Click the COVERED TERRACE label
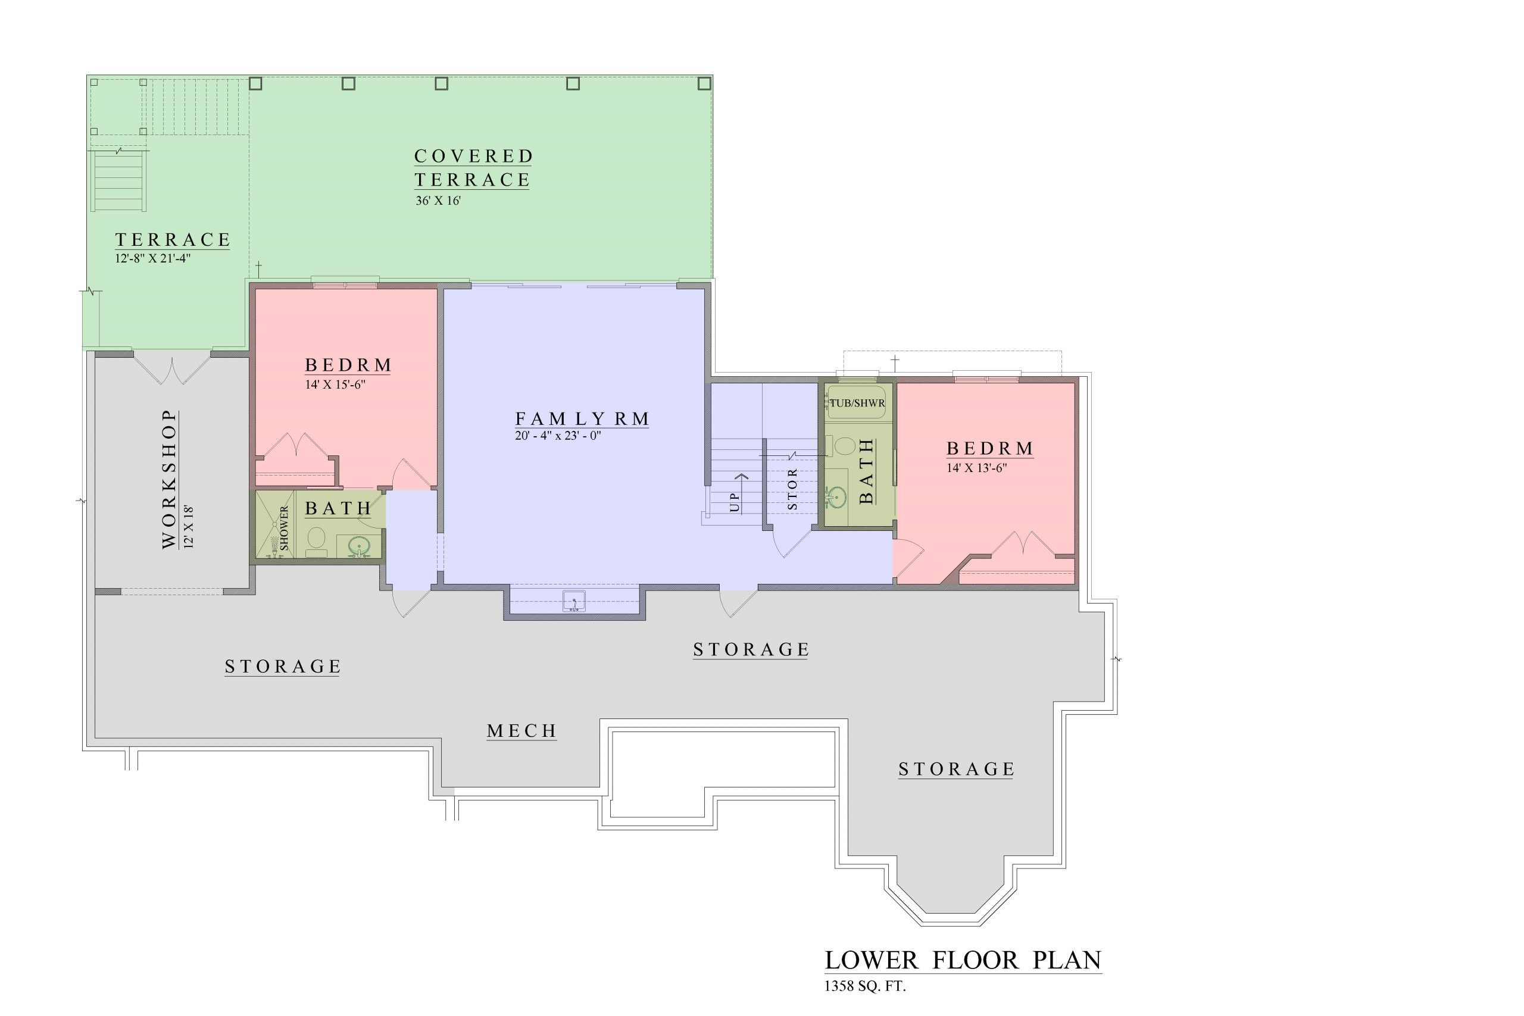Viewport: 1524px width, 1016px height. click(x=473, y=168)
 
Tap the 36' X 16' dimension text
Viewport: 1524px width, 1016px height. click(x=438, y=201)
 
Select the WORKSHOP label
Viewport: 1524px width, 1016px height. click(x=169, y=480)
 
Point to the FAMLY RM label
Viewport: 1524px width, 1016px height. click(x=582, y=418)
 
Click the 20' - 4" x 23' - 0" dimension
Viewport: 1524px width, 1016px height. click(x=558, y=436)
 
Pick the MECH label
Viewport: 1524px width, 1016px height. click(x=521, y=731)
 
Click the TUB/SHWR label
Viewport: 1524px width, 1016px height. click(x=857, y=403)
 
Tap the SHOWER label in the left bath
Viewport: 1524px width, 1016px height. click(x=284, y=528)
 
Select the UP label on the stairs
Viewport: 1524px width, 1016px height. click(x=734, y=502)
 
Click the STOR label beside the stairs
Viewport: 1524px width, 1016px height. click(x=792, y=490)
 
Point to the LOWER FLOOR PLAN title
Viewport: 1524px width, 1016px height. click(x=963, y=960)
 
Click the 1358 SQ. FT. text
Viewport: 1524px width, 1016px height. click(x=865, y=987)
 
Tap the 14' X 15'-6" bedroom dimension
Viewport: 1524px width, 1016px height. click(x=335, y=385)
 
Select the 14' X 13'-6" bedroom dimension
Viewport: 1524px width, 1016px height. click(x=976, y=468)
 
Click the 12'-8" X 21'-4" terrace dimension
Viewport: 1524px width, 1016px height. click(x=153, y=258)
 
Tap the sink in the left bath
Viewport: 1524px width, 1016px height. click(x=358, y=548)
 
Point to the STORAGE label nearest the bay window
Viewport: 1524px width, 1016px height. click(x=955, y=769)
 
